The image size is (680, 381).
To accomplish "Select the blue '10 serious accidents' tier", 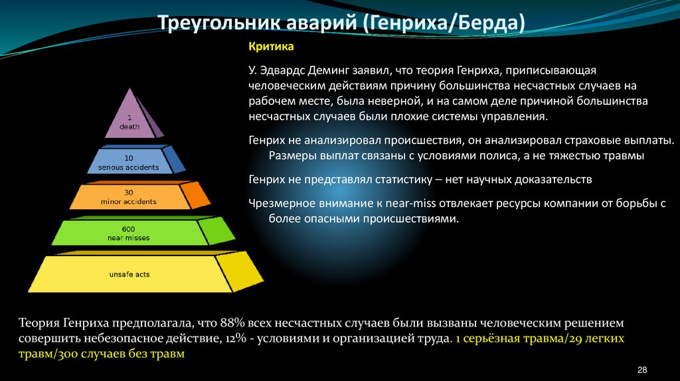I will [130, 163].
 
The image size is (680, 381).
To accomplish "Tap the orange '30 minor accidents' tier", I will [129, 196].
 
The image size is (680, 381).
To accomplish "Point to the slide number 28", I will [642, 369].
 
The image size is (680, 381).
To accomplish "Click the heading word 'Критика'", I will [270, 48].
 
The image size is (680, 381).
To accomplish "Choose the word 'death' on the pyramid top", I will [129, 126].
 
